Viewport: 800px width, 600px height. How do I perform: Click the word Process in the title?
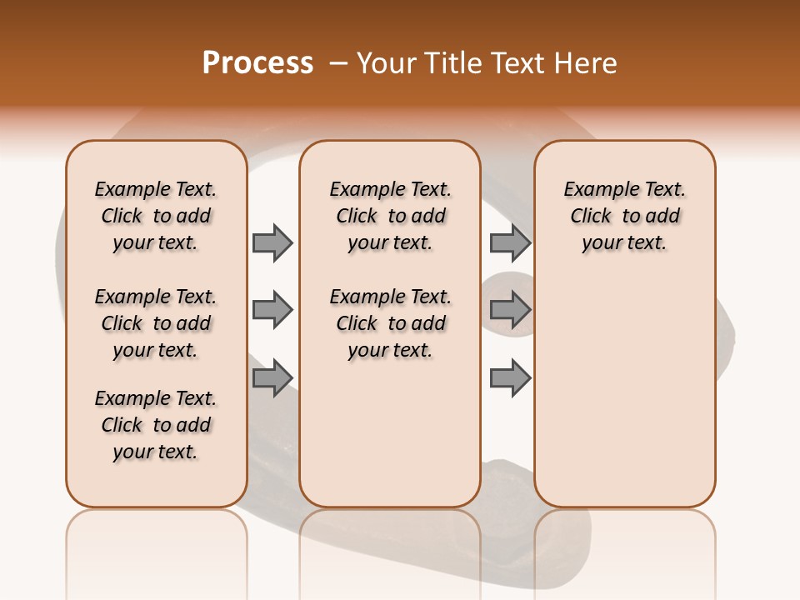pos(257,63)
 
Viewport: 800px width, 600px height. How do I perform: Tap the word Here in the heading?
pos(587,63)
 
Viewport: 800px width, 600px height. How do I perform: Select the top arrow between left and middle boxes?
pos(272,242)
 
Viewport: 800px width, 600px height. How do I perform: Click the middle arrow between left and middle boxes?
pos(272,310)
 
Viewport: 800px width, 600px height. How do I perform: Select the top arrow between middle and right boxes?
pos(510,242)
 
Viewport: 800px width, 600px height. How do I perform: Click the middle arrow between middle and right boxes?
pos(510,310)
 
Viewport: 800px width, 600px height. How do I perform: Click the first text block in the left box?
pos(156,216)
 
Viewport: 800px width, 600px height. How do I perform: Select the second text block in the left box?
pos(156,323)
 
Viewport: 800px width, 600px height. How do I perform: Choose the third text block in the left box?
pos(156,425)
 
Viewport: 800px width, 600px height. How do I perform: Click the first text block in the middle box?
pos(390,216)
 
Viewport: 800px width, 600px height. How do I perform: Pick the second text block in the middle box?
pos(390,323)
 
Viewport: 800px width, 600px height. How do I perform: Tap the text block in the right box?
pos(624,216)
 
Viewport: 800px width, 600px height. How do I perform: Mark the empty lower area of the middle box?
pos(390,433)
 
